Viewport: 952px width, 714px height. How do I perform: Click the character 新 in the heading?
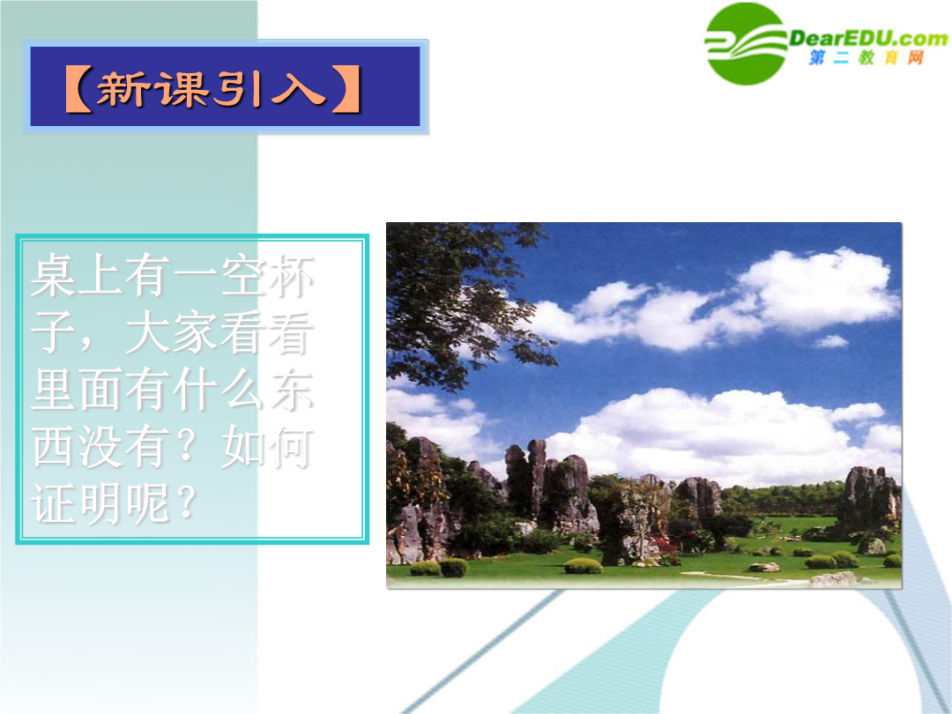point(124,89)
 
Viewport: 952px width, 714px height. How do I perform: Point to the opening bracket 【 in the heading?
point(78,89)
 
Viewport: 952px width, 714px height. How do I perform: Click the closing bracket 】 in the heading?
point(346,89)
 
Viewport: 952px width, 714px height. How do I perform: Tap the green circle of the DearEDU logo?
point(746,44)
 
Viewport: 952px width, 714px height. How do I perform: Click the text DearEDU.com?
point(868,39)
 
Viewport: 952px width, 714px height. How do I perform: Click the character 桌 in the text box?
point(54,276)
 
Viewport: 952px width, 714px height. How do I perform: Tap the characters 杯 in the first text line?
point(291,276)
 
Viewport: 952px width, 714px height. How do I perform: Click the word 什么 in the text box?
point(219,389)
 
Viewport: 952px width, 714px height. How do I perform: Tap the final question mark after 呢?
point(185,502)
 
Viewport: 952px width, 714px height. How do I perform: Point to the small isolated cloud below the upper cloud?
point(830,341)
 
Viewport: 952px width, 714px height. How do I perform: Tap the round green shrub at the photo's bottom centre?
point(583,566)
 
